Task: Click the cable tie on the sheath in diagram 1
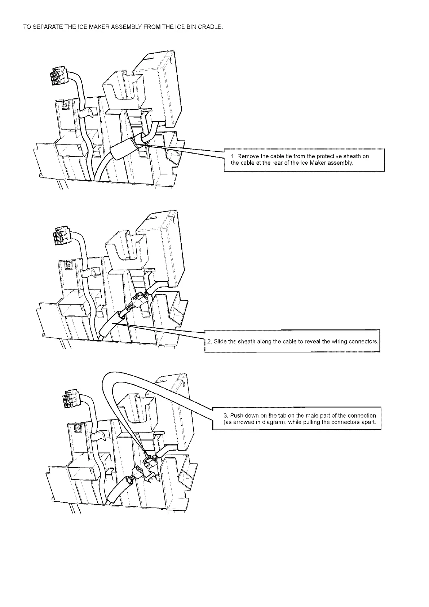(x=137, y=142)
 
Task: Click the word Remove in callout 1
(x=247, y=156)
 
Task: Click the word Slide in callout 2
(x=220, y=341)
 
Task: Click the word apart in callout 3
(x=370, y=422)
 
